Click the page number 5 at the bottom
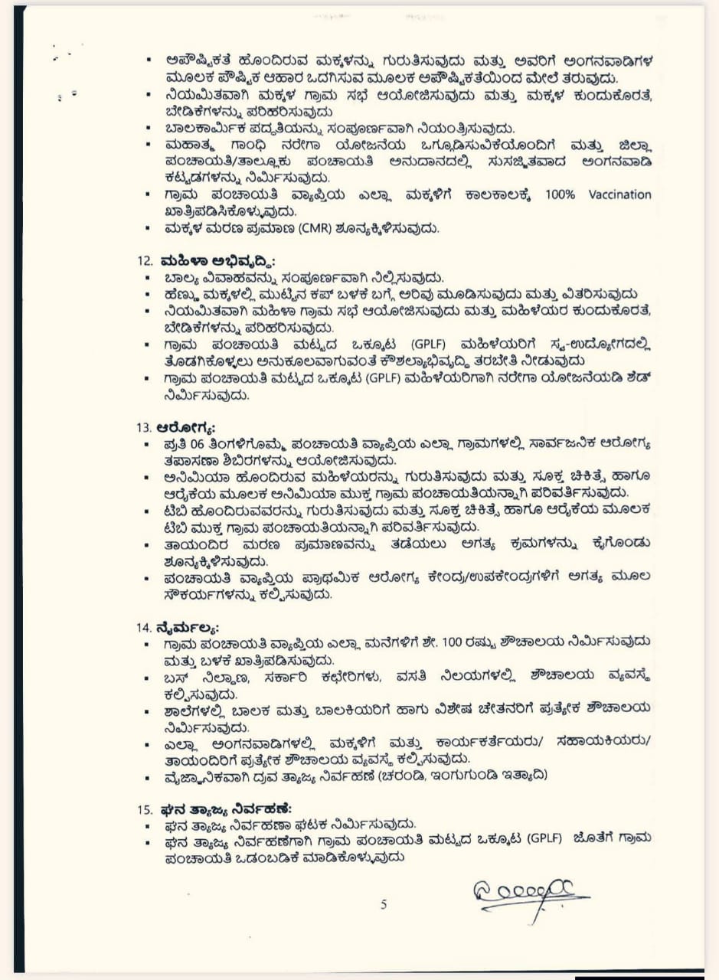(384, 904)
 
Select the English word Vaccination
(619, 194)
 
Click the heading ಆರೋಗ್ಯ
(185, 427)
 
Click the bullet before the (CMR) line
(149, 228)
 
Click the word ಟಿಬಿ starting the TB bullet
(172, 511)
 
